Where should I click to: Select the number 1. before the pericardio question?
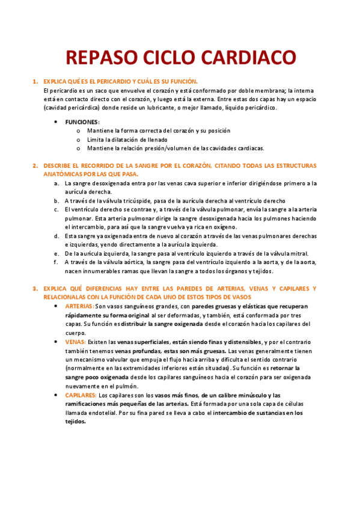(35, 81)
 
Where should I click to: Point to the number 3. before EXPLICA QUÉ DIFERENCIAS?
(35, 289)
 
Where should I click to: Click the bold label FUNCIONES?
(82, 121)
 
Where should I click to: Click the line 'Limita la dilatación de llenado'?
(127, 139)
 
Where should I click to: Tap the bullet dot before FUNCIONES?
(56, 121)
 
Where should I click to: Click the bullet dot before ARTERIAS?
(56, 306)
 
